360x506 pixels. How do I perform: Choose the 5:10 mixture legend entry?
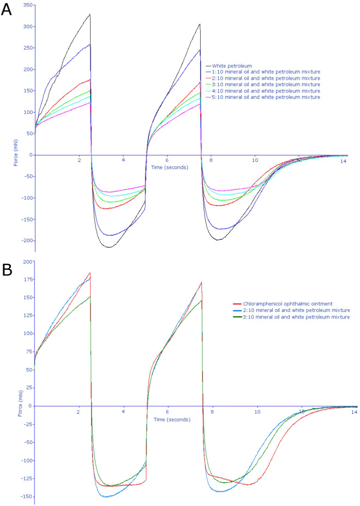click(x=265, y=97)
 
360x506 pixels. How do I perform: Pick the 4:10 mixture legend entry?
click(x=265, y=91)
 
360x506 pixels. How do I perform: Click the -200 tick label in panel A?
click(x=25, y=241)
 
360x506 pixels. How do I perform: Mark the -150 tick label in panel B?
click(x=25, y=496)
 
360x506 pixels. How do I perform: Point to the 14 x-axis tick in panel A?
click(x=343, y=162)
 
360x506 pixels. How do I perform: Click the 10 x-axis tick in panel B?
click(x=255, y=413)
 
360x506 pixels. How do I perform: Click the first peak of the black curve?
click(x=89, y=15)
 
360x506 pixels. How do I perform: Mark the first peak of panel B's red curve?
click(x=89, y=273)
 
